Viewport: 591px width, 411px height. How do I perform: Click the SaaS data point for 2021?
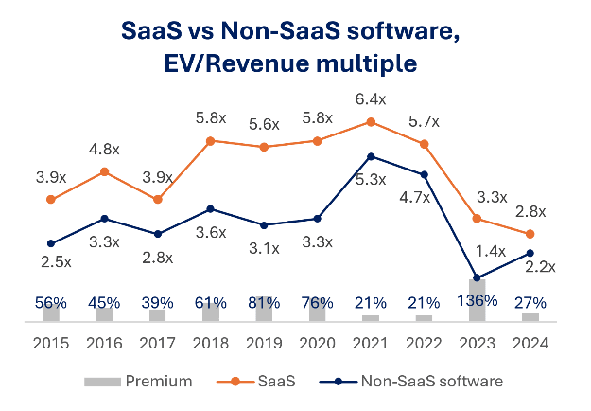pyautogui.click(x=371, y=121)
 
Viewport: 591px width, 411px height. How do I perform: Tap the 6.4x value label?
pyautogui.click(x=371, y=98)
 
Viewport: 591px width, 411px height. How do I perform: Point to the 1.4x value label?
pyautogui.click(x=491, y=251)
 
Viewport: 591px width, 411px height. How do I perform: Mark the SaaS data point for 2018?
pyautogui.click(x=211, y=140)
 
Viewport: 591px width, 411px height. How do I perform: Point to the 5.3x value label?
pyautogui.click(x=372, y=178)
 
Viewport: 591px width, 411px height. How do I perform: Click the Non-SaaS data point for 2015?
pyautogui.click(x=51, y=243)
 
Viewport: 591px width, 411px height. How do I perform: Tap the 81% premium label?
pyautogui.click(x=265, y=303)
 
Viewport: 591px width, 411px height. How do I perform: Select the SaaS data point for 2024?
pyautogui.click(x=530, y=234)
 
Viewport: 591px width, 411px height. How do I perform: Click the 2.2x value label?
pyautogui.click(x=542, y=267)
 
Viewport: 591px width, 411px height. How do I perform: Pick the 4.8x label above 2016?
pyautogui.click(x=104, y=149)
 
